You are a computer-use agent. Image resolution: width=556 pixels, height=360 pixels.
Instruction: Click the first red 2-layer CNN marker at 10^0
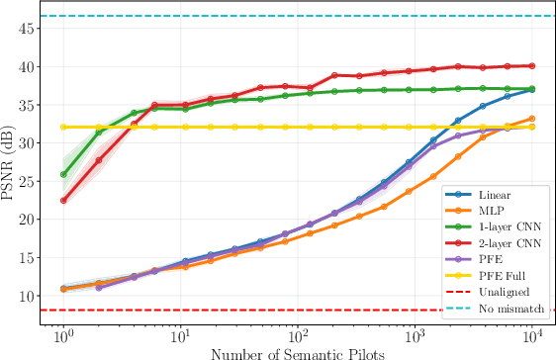pos(63,200)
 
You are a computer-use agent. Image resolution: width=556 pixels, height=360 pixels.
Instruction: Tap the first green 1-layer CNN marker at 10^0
pos(63,174)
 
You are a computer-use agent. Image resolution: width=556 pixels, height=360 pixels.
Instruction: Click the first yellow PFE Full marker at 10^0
pos(63,127)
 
